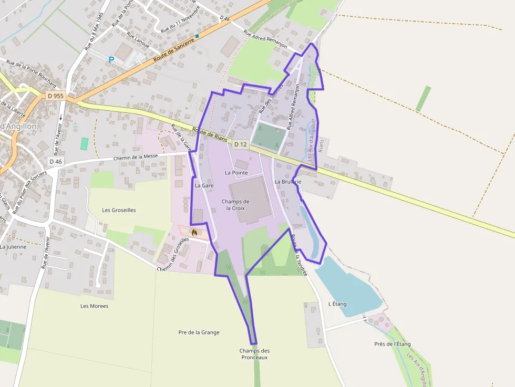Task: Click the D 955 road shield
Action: tap(55, 96)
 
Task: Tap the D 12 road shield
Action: tap(240, 144)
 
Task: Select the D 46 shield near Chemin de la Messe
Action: tap(56, 162)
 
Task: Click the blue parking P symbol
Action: tap(111, 60)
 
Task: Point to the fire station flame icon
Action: tap(194, 232)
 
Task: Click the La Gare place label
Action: tap(203, 185)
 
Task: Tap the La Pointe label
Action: tap(236, 172)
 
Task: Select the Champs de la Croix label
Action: tap(235, 204)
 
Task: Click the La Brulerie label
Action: tap(288, 182)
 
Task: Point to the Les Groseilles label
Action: tap(119, 210)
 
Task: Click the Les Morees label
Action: tap(95, 306)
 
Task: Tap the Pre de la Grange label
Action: tap(199, 332)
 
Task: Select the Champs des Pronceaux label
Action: tap(254, 354)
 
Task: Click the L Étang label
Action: tap(337, 304)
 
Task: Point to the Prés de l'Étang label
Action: tap(392, 344)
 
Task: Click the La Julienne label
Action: tap(13, 246)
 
